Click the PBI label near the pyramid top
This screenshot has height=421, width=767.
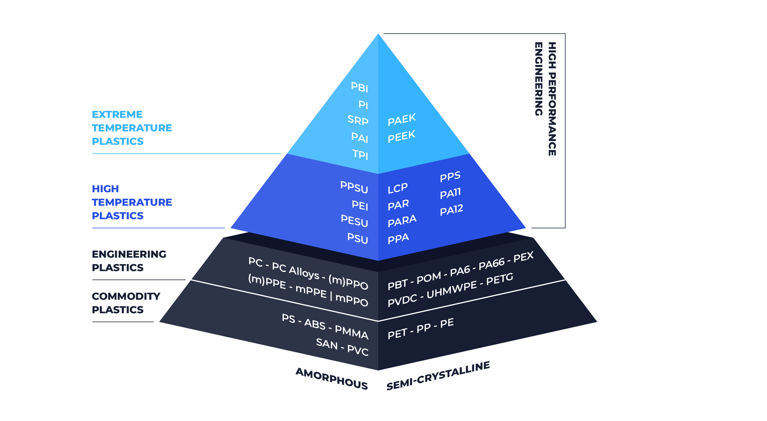pos(359,87)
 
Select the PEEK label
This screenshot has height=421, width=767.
pos(401,136)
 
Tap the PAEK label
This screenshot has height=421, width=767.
pos(402,119)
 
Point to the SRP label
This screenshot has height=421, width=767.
pos(358,120)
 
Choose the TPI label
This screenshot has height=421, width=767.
pos(360,154)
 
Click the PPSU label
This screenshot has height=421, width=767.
pos(354,187)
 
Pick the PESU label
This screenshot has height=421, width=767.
pos(354,221)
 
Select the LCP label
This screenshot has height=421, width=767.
pos(398,188)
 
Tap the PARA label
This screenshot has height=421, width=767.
pos(402,221)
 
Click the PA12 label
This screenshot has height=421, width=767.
pos(451,210)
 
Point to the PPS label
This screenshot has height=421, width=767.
pos(450,176)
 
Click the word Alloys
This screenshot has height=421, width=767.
pos(304,273)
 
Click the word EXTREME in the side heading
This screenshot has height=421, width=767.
pos(117,114)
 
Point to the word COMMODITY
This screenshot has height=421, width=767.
pos(126,296)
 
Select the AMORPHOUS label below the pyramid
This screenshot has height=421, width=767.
pos(332,378)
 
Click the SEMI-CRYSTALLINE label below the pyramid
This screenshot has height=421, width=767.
pos(438,376)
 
